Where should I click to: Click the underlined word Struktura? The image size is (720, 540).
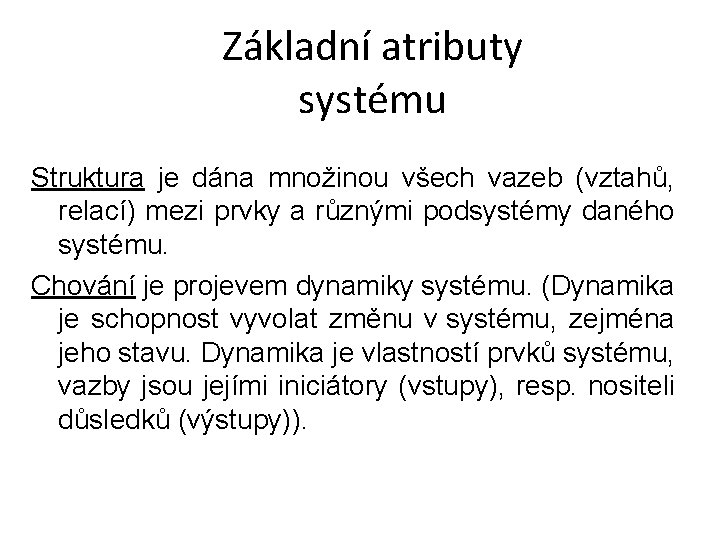pos(88,180)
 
